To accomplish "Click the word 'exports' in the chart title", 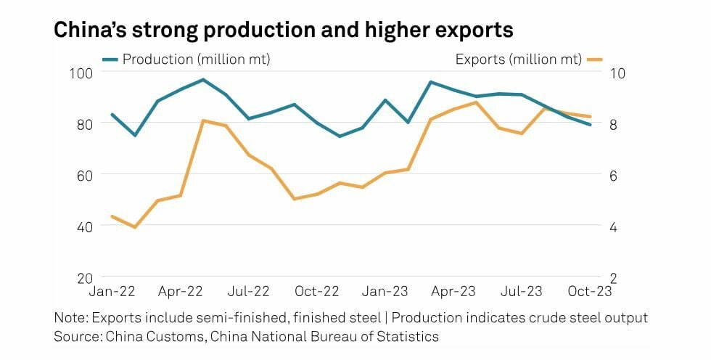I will point(472,30).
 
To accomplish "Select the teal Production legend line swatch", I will point(110,60).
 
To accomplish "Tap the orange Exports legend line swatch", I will point(594,60).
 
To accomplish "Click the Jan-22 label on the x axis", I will point(112,292).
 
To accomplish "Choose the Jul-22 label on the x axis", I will point(249,292).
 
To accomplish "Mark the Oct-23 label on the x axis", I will point(589,292).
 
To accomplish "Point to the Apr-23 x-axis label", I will point(453,292).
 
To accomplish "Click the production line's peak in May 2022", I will point(203,79).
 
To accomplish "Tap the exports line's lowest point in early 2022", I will point(135,227).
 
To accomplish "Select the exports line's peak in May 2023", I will point(475,102).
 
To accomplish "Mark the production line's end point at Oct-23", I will point(589,125).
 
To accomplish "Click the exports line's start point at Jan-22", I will point(112,216).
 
